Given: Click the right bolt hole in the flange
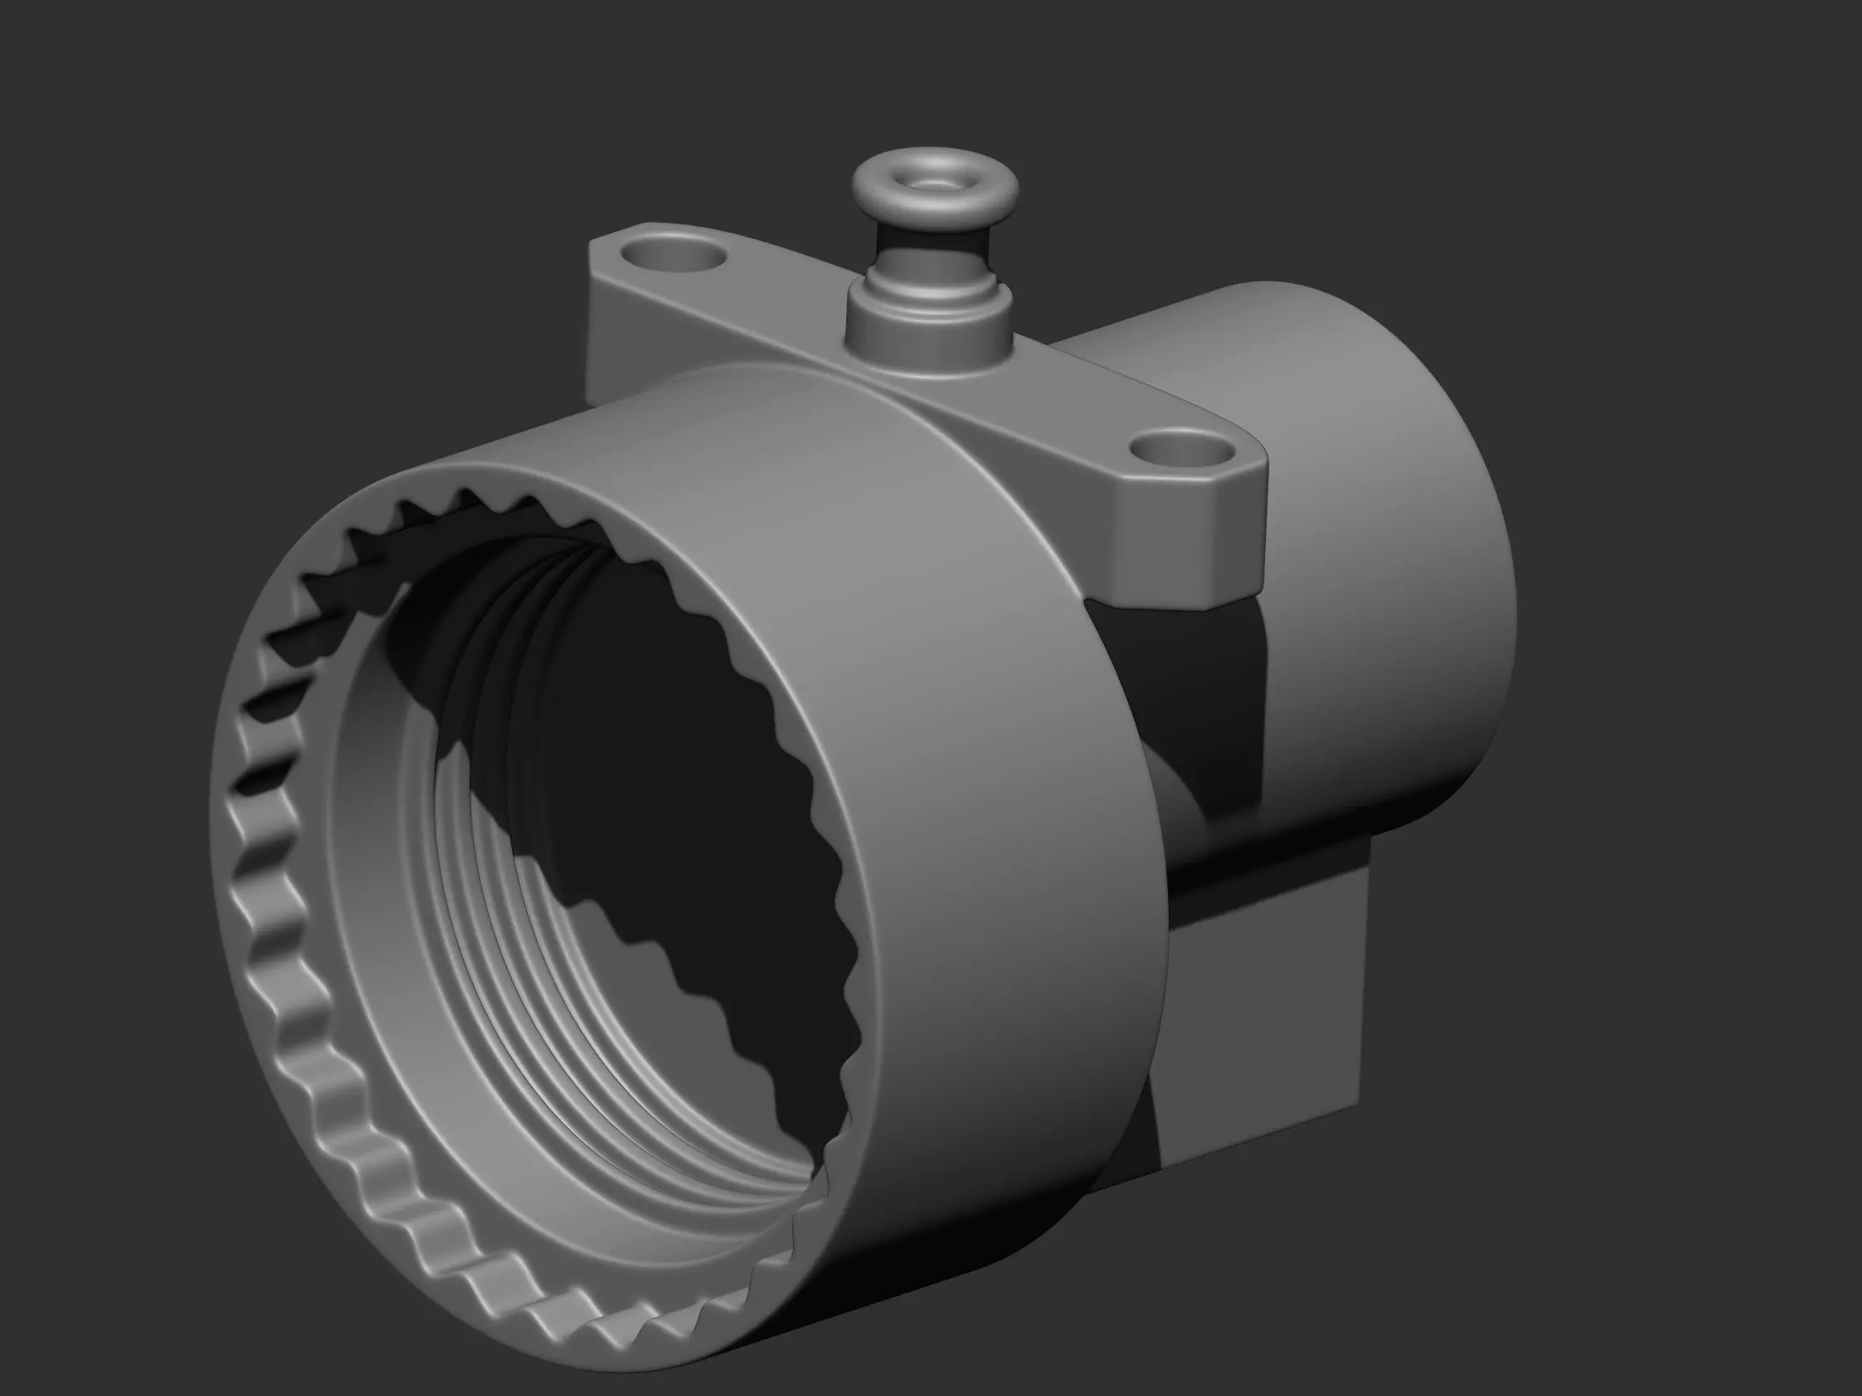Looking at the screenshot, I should (1183, 450).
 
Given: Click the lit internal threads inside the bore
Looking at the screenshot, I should (539, 968).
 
